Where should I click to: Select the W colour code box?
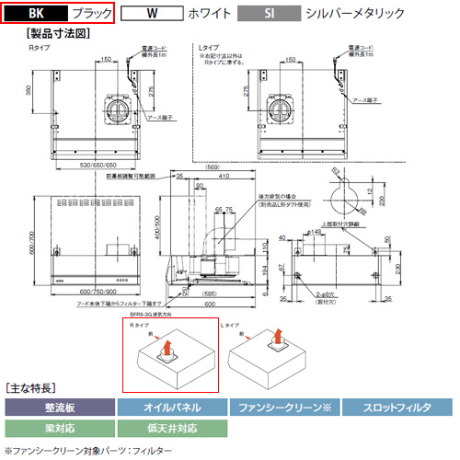coord(149,15)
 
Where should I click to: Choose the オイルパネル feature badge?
coord(171,406)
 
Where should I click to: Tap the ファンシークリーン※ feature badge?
coord(285,406)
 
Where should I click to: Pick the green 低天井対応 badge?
coord(171,427)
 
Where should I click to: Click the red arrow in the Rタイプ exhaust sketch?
coord(168,350)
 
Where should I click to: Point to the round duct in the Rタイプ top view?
coord(119,112)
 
